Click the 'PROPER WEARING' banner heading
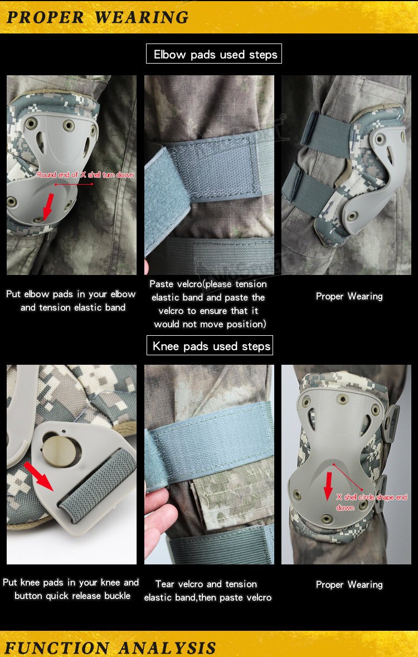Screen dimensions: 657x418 (x=98, y=17)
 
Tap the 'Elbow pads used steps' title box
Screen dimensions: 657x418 (x=215, y=55)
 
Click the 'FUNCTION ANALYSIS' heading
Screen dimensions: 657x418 (x=110, y=648)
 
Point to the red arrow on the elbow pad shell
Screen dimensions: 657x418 (x=48, y=205)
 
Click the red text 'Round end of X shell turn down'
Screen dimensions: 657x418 (x=85, y=175)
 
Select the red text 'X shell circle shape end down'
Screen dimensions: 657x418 (x=371, y=502)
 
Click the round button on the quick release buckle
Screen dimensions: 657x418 (x=59, y=450)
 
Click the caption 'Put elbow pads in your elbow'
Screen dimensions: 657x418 (x=71, y=301)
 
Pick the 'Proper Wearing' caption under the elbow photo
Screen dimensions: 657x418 (x=349, y=296)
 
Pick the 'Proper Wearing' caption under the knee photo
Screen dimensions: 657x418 (x=349, y=584)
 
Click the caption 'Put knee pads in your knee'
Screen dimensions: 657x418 (x=71, y=589)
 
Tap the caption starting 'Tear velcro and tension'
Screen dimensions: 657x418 (x=208, y=591)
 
